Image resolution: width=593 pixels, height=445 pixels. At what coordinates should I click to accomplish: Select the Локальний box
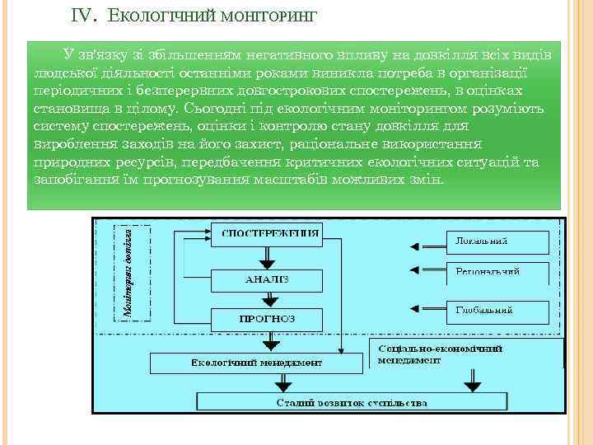pyautogui.click(x=497, y=242)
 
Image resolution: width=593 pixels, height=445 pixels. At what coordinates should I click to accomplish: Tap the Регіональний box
pyautogui.click(x=497, y=272)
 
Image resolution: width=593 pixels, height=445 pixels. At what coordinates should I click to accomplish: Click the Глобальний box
pyautogui.click(x=497, y=311)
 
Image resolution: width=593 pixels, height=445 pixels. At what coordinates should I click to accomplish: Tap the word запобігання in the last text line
pyautogui.click(x=69, y=180)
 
